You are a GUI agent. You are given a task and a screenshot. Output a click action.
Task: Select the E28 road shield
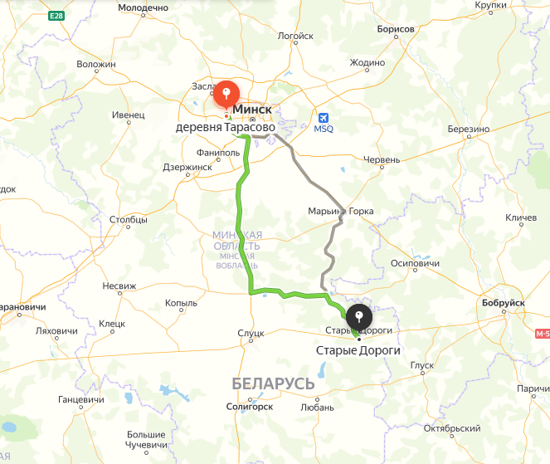pyautogui.click(x=56, y=16)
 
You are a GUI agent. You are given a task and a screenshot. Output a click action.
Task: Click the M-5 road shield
pyautogui.click(x=543, y=334)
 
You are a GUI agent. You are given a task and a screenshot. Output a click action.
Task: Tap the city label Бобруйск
pyautogui.click(x=504, y=303)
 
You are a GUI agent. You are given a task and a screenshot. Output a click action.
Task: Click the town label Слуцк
pyautogui.click(x=251, y=332)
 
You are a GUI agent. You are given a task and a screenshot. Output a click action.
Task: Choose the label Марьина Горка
pyautogui.click(x=340, y=211)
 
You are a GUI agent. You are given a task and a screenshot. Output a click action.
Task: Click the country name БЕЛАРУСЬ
pyautogui.click(x=273, y=383)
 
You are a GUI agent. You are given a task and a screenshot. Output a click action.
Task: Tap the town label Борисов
pyautogui.click(x=395, y=29)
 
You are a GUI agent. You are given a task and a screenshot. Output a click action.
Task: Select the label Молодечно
pyautogui.click(x=144, y=7)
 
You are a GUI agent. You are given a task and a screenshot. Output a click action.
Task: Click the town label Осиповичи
pyautogui.click(x=414, y=264)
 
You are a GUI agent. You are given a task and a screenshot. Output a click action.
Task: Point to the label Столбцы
pyautogui.click(x=129, y=220)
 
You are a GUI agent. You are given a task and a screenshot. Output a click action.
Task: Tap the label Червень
pyautogui.click(x=382, y=159)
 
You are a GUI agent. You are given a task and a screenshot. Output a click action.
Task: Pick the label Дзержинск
pyautogui.click(x=187, y=167)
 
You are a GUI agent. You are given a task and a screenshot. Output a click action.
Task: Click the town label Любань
pyautogui.click(x=318, y=408)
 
